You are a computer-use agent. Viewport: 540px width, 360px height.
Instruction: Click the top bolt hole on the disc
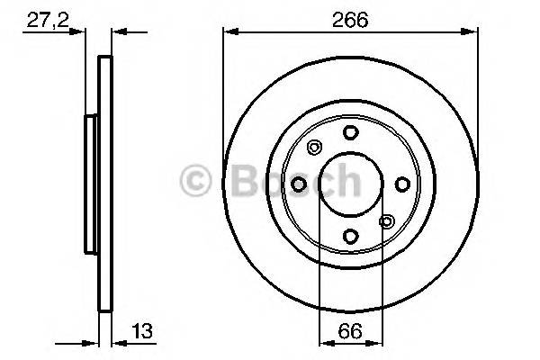point(349,132)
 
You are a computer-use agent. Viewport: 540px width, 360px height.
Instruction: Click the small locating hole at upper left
point(314,148)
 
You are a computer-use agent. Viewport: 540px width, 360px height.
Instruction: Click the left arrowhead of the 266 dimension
point(229,32)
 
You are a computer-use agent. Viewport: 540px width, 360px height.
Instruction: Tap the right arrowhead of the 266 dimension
point(472,32)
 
